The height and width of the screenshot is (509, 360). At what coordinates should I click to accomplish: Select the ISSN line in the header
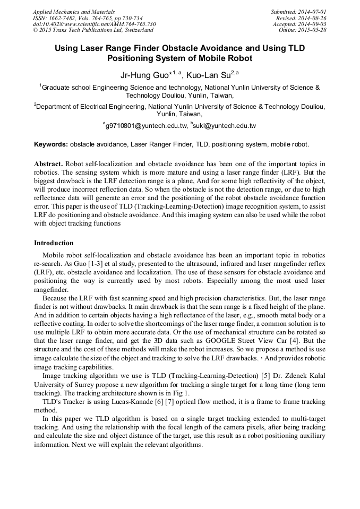click(87, 18)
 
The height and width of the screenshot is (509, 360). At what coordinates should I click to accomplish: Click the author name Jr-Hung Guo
click(143, 75)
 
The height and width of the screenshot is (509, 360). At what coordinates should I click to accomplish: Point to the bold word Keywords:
click(51, 144)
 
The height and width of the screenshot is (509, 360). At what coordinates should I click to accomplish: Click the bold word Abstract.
click(48, 163)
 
